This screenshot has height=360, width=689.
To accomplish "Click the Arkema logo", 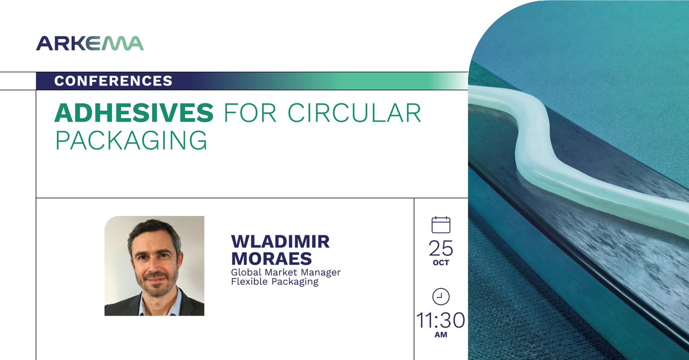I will [90, 44].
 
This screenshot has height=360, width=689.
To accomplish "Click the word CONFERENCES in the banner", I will [113, 81].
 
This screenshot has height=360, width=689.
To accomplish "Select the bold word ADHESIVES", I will [133, 114].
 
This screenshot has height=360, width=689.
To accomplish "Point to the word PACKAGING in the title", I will [130, 141].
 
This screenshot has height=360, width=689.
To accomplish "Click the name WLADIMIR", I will [280, 242].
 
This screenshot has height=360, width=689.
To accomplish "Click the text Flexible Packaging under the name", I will [274, 282].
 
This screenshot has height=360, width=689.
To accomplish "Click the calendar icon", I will [440, 224].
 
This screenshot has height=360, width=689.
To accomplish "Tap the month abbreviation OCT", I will [440, 263].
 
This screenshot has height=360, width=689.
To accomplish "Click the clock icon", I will [440, 296].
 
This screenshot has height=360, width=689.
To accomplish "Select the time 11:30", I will [440, 320].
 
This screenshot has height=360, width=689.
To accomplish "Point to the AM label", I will [440, 335].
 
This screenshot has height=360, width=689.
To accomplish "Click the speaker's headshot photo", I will [154, 266].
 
